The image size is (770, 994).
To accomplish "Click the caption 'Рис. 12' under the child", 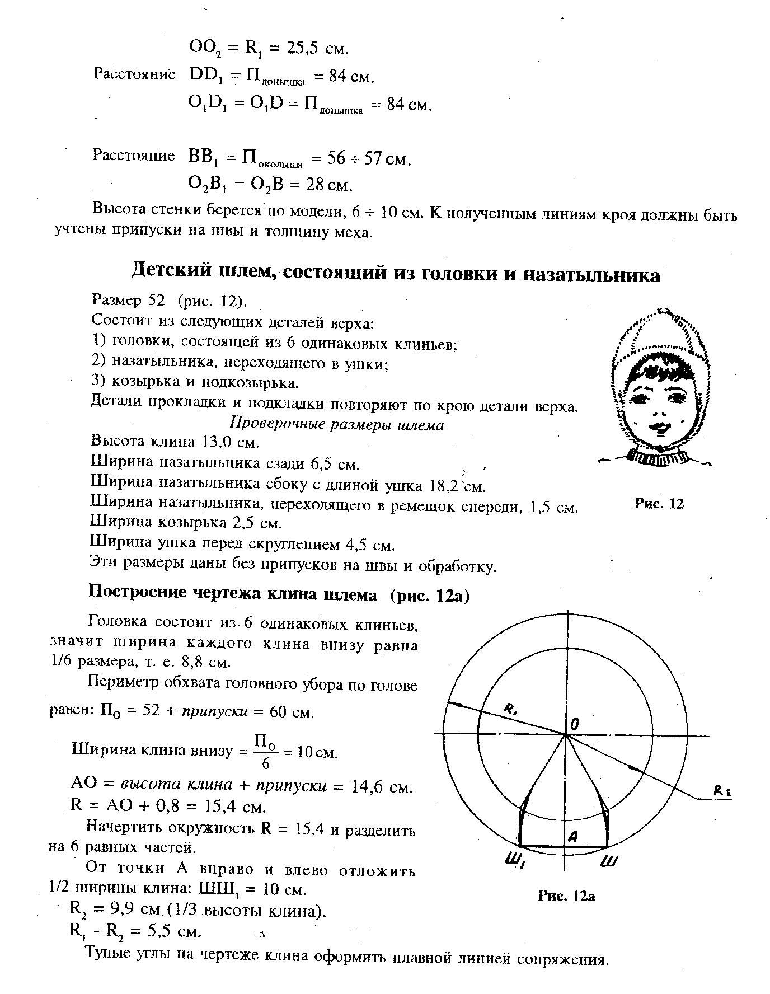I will (659, 504).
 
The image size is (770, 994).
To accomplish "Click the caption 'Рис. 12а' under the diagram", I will (566, 896).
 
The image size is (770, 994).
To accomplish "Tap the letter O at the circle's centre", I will (575, 724).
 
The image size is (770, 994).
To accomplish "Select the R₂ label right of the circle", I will (722, 791).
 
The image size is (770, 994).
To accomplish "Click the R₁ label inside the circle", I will (511, 710).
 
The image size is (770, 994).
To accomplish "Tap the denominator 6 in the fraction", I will (266, 763).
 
